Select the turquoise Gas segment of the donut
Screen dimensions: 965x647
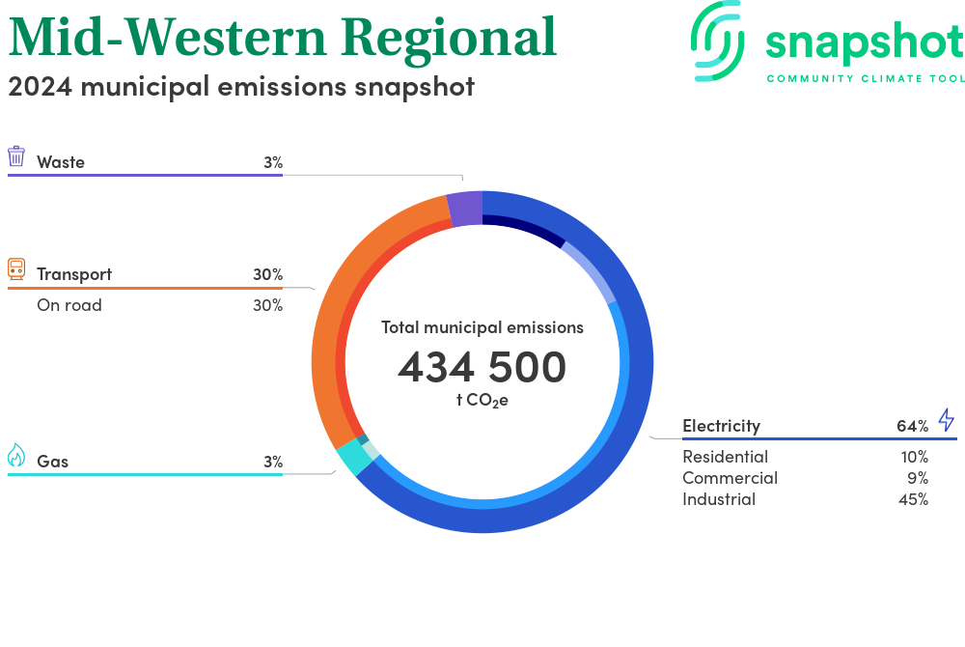tap(354, 458)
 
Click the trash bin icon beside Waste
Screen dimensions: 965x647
tap(16, 156)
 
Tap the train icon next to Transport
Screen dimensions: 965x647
tap(16, 269)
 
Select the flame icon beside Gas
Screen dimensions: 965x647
tap(16, 456)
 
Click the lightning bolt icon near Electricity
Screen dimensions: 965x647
tap(947, 419)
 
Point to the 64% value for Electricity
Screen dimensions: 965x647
tap(912, 426)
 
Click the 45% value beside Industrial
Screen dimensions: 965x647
tap(913, 499)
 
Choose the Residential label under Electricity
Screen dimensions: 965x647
tap(725, 457)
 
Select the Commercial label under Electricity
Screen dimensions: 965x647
tap(730, 478)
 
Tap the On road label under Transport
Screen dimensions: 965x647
tap(69, 305)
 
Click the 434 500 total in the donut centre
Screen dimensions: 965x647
tap(482, 367)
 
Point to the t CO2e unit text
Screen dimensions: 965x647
tap(482, 401)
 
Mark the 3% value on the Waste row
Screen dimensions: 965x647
tap(273, 162)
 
